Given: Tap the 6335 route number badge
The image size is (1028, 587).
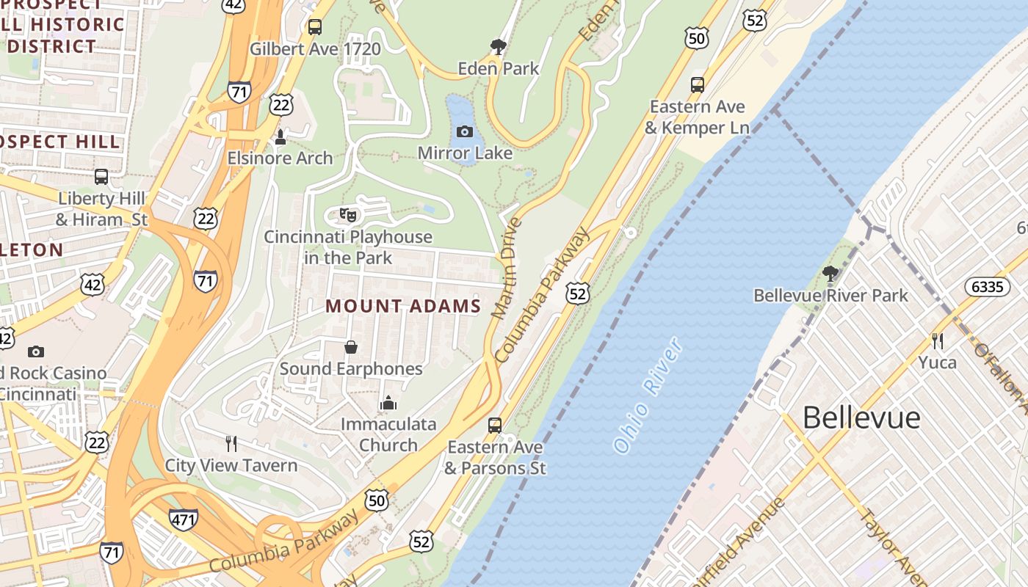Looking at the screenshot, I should point(987,286).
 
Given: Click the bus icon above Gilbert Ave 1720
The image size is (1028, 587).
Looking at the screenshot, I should point(315,27).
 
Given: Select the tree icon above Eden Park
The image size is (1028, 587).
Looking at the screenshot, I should point(499,48).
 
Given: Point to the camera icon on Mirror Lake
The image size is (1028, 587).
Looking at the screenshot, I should point(465,132).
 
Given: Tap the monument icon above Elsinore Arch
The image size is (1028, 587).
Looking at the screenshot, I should point(280,137).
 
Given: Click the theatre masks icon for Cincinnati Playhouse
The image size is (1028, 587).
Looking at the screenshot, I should point(348,215).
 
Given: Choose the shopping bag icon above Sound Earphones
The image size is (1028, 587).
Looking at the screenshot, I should point(351,346).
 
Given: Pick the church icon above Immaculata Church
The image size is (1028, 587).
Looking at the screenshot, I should point(388,403).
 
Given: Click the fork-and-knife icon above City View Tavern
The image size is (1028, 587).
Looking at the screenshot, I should point(231,443).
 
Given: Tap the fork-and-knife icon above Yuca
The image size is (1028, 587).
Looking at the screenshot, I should point(937,340).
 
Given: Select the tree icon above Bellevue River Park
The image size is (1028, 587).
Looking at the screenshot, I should point(830,274).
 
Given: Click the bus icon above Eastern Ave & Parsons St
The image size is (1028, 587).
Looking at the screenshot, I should point(495,426).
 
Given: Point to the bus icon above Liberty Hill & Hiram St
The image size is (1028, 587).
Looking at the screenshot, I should point(101,177).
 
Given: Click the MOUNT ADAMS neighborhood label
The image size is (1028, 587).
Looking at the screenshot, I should point(403,306).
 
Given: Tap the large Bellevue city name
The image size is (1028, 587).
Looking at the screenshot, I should point(861,418).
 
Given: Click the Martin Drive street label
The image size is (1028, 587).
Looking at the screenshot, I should point(506,268).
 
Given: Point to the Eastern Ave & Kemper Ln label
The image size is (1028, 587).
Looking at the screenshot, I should point(697,117).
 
